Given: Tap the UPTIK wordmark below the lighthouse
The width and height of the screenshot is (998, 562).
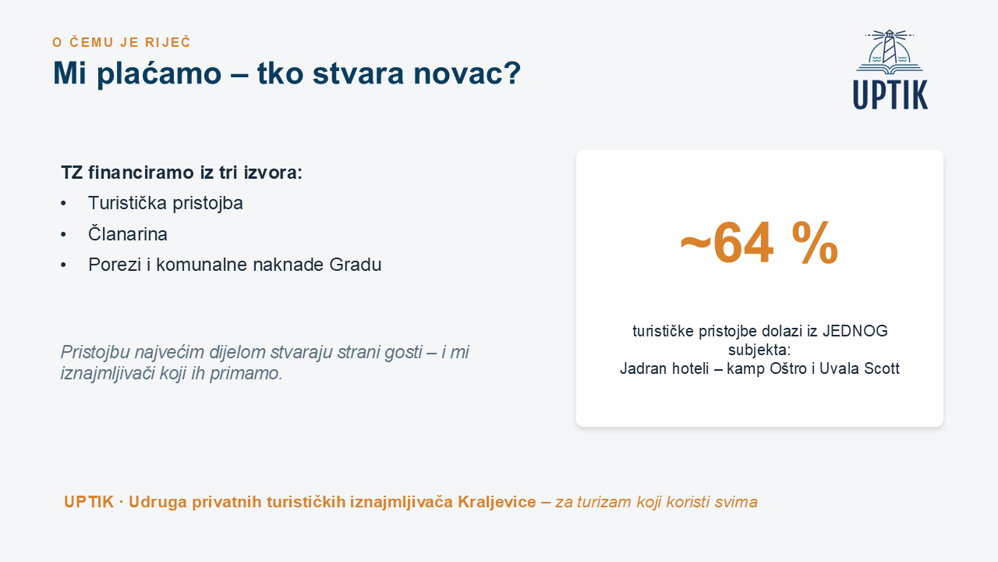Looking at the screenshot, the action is pyautogui.click(x=890, y=94).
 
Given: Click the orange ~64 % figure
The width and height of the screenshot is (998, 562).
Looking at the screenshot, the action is pyautogui.click(x=759, y=244).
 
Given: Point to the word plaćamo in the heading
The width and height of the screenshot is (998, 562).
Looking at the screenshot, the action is pyautogui.click(x=159, y=73).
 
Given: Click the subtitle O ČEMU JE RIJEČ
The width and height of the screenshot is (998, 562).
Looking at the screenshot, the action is pyautogui.click(x=122, y=42).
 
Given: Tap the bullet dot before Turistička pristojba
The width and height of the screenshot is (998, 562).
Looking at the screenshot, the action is pyautogui.click(x=63, y=204).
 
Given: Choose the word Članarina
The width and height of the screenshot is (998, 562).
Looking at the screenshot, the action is pyautogui.click(x=127, y=233).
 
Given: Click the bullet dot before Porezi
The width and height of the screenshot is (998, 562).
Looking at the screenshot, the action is pyautogui.click(x=63, y=265).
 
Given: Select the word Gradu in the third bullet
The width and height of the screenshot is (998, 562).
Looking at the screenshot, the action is pyautogui.click(x=355, y=265).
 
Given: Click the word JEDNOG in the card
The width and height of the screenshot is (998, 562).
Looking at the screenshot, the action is pyautogui.click(x=855, y=331).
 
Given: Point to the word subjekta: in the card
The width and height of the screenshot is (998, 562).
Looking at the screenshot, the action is pyautogui.click(x=759, y=350).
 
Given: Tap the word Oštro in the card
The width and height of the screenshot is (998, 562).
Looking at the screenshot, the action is pyautogui.click(x=788, y=368).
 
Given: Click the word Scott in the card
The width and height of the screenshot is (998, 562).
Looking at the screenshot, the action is pyautogui.click(x=882, y=368).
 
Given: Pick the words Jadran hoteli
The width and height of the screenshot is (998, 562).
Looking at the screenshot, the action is pyautogui.click(x=664, y=368).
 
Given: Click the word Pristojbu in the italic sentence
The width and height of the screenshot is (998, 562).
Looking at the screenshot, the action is pyautogui.click(x=95, y=352).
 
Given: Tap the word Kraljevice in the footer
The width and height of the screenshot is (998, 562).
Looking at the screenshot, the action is pyautogui.click(x=497, y=502).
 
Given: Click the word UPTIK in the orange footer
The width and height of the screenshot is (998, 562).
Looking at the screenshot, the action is pyautogui.click(x=89, y=502).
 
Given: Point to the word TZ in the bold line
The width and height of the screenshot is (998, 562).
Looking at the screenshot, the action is pyautogui.click(x=72, y=173).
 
